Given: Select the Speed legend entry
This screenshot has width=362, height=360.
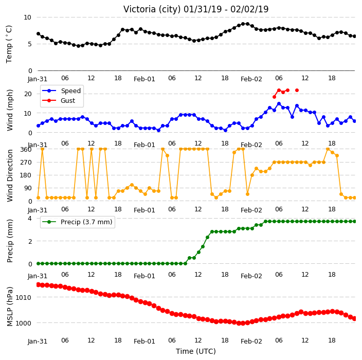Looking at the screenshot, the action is [61, 91].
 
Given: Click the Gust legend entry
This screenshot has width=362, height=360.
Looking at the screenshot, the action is [59, 101].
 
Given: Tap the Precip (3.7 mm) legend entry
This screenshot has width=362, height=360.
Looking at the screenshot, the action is [77, 222].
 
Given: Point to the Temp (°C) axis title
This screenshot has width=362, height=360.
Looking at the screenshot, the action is [9, 44].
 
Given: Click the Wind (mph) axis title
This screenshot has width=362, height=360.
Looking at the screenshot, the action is [10, 110].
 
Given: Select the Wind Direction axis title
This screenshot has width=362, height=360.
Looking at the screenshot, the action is [10, 175].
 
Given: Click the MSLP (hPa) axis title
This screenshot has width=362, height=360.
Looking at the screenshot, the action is [10, 307].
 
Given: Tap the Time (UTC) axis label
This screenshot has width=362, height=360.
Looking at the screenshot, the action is [196, 351].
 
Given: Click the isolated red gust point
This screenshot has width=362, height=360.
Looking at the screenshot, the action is [297, 91].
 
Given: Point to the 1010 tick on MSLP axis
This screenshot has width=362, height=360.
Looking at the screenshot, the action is [23, 297].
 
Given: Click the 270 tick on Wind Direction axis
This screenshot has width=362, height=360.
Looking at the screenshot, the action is [26, 163].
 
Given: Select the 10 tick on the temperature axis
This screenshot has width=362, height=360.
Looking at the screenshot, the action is [27, 17].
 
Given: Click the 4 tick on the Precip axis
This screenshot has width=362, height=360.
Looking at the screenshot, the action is [30, 218].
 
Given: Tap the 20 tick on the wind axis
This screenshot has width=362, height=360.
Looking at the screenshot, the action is [28, 94].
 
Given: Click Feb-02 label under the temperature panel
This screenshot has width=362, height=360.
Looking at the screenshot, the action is [251, 79].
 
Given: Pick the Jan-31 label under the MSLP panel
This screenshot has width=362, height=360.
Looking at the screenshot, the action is [38, 341].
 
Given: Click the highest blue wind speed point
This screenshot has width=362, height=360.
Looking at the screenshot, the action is [279, 104].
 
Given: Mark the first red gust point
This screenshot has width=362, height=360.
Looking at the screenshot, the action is [274, 97].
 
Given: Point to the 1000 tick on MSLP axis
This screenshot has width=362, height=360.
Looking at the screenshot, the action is [23, 323].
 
